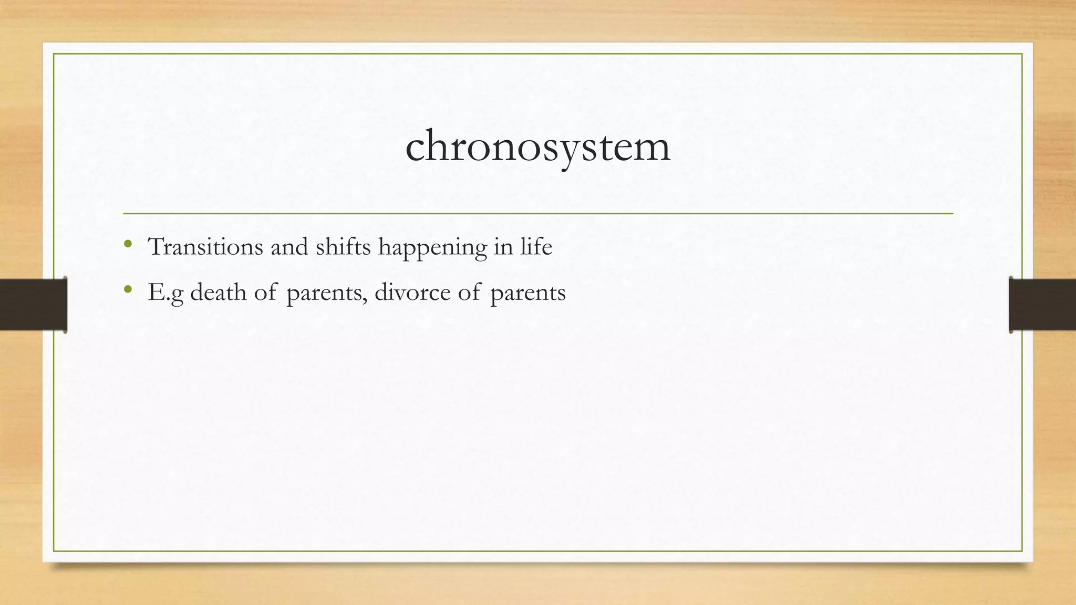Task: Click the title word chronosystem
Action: tap(537, 147)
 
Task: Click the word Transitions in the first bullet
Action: tap(205, 247)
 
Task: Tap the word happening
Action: tap(432, 248)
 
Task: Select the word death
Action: tap(218, 292)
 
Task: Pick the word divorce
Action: tap(412, 292)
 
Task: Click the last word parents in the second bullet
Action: tap(528, 293)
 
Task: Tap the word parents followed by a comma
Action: tap(326, 293)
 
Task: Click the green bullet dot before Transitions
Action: tap(128, 244)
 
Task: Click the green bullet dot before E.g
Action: tap(128, 289)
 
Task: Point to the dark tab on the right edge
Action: tap(1042, 305)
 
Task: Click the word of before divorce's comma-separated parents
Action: tap(265, 292)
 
